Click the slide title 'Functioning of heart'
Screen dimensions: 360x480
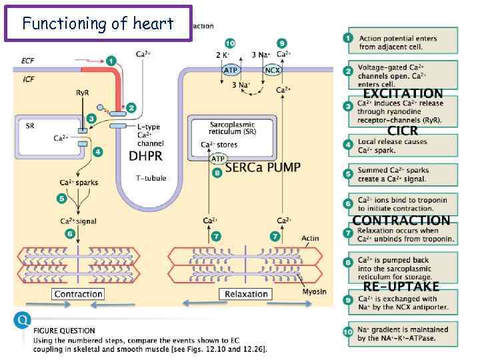pos(97,24)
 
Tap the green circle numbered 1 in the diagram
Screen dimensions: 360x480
pos(111,61)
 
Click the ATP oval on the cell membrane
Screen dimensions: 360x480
pos(231,69)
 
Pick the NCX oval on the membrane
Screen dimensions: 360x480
pos(273,69)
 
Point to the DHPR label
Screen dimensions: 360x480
pos(145,156)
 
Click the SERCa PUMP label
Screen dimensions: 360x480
pos(263,167)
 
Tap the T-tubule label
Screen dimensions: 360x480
pos(151,178)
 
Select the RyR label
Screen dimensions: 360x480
pos(83,93)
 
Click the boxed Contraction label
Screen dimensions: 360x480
pos(78,294)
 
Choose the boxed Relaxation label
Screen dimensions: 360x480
pos(246,294)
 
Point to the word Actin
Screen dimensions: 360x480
pos(310,238)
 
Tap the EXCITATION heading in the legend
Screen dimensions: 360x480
pos(403,94)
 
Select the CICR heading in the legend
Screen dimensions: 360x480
pos(403,130)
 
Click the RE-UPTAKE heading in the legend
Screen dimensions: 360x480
pos(401,287)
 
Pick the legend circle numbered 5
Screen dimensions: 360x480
pos(348,174)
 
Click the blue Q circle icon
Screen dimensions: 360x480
pos(23,321)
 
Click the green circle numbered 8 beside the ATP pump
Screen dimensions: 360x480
pos(217,173)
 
